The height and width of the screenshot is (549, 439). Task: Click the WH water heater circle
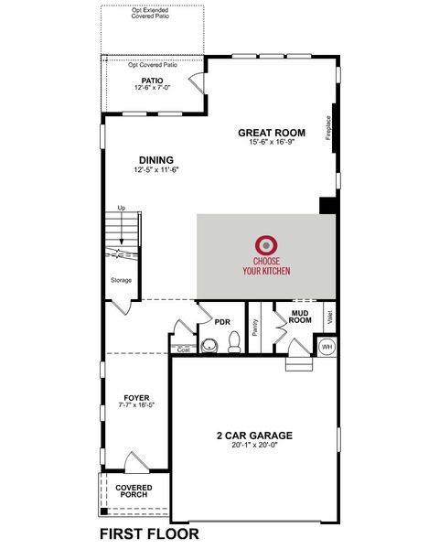pyautogui.click(x=327, y=347)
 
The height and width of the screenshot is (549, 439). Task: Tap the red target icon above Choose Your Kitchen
pyautogui.click(x=266, y=245)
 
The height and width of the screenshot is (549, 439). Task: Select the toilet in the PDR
pyautogui.click(x=234, y=341)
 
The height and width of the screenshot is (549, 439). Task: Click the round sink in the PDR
pyautogui.click(x=209, y=346)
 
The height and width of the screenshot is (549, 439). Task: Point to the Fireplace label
pyautogui.click(x=328, y=128)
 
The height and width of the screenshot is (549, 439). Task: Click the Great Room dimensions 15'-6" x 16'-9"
pyautogui.click(x=272, y=142)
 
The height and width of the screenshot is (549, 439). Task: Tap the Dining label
pyautogui.click(x=156, y=160)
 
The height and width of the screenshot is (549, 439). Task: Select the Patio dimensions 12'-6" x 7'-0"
pyautogui.click(x=153, y=88)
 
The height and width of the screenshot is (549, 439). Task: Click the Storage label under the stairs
pyautogui.click(x=121, y=280)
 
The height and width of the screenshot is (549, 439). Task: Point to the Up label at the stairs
pyautogui.click(x=121, y=208)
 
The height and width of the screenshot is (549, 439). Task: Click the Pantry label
pyautogui.click(x=255, y=328)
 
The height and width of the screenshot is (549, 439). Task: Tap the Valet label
pyautogui.click(x=329, y=318)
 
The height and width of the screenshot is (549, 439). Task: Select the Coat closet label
pyautogui.click(x=184, y=350)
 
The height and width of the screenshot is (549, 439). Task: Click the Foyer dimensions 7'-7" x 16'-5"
pyautogui.click(x=136, y=404)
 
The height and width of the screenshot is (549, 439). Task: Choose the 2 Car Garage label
pyautogui.click(x=254, y=436)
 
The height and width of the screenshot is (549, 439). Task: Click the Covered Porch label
pyautogui.click(x=134, y=490)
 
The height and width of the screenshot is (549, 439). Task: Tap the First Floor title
pyautogui.click(x=149, y=534)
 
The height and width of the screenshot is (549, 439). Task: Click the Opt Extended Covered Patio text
pyautogui.click(x=150, y=14)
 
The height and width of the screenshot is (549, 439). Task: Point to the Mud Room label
pyautogui.click(x=300, y=317)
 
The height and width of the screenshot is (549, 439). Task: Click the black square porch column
pyautogui.click(x=104, y=511)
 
